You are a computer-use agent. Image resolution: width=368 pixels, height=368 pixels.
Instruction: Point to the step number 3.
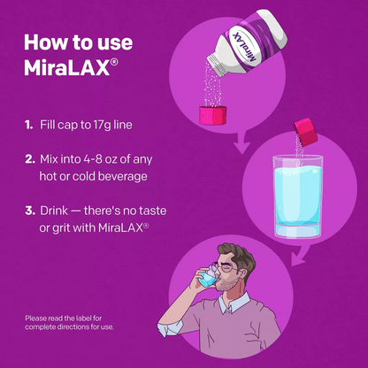30,212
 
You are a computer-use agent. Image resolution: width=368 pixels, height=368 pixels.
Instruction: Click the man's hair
241,249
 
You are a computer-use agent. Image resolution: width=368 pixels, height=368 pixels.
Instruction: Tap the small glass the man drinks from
206,280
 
